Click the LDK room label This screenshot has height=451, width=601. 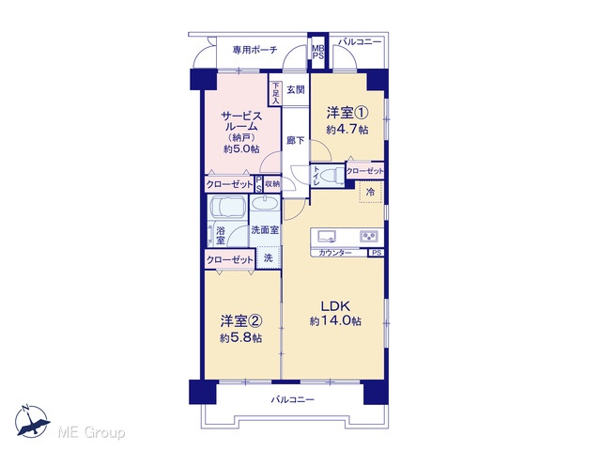(x=335, y=306)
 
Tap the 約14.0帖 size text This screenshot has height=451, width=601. (x=335, y=320)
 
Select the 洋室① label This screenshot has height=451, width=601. (x=347, y=113)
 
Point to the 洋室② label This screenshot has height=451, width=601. (x=241, y=321)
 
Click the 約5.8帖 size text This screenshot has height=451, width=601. (x=241, y=338)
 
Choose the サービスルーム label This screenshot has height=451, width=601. (x=241, y=121)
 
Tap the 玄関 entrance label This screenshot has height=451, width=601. (x=296, y=90)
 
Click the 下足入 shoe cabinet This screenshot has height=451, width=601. (x=275, y=93)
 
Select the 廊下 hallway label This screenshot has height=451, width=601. (x=296, y=140)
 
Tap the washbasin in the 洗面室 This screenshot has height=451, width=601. (x=265, y=203)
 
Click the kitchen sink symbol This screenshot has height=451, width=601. (x=326, y=236)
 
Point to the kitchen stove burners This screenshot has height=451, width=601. (x=369, y=236)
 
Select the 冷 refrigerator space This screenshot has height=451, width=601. (x=371, y=192)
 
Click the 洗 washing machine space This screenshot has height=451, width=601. (x=269, y=257)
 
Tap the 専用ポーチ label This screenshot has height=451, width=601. (x=254, y=50)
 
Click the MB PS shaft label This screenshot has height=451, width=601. (x=317, y=52)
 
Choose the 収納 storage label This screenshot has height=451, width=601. (x=272, y=184)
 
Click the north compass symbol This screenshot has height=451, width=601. (x=32, y=421)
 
